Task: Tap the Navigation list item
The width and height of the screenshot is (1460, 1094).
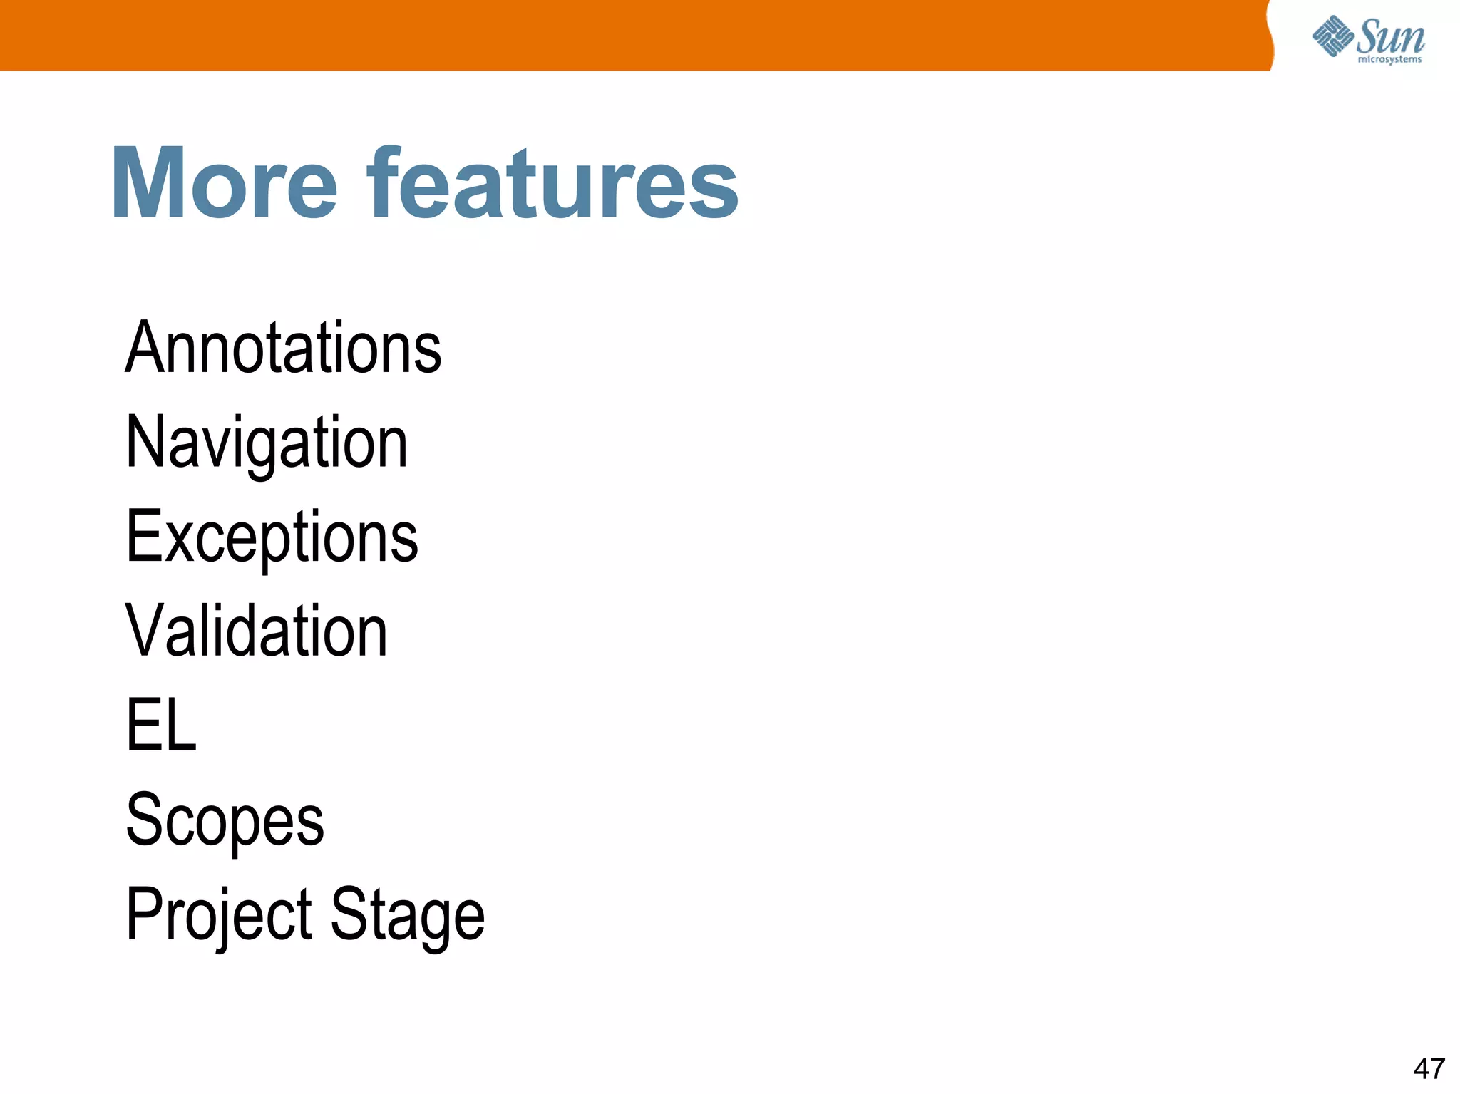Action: [267, 443]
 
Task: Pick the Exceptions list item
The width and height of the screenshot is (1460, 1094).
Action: [272, 537]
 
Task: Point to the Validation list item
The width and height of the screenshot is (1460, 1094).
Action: [257, 631]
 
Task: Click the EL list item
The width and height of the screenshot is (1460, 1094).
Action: [161, 726]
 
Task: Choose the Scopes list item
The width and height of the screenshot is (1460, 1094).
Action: [225, 820]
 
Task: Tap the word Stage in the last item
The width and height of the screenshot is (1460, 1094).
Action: [408, 915]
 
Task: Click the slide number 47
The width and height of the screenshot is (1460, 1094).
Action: [1429, 1069]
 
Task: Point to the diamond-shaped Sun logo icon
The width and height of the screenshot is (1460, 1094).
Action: [1332, 36]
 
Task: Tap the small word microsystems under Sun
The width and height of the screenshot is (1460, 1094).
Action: [1389, 60]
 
